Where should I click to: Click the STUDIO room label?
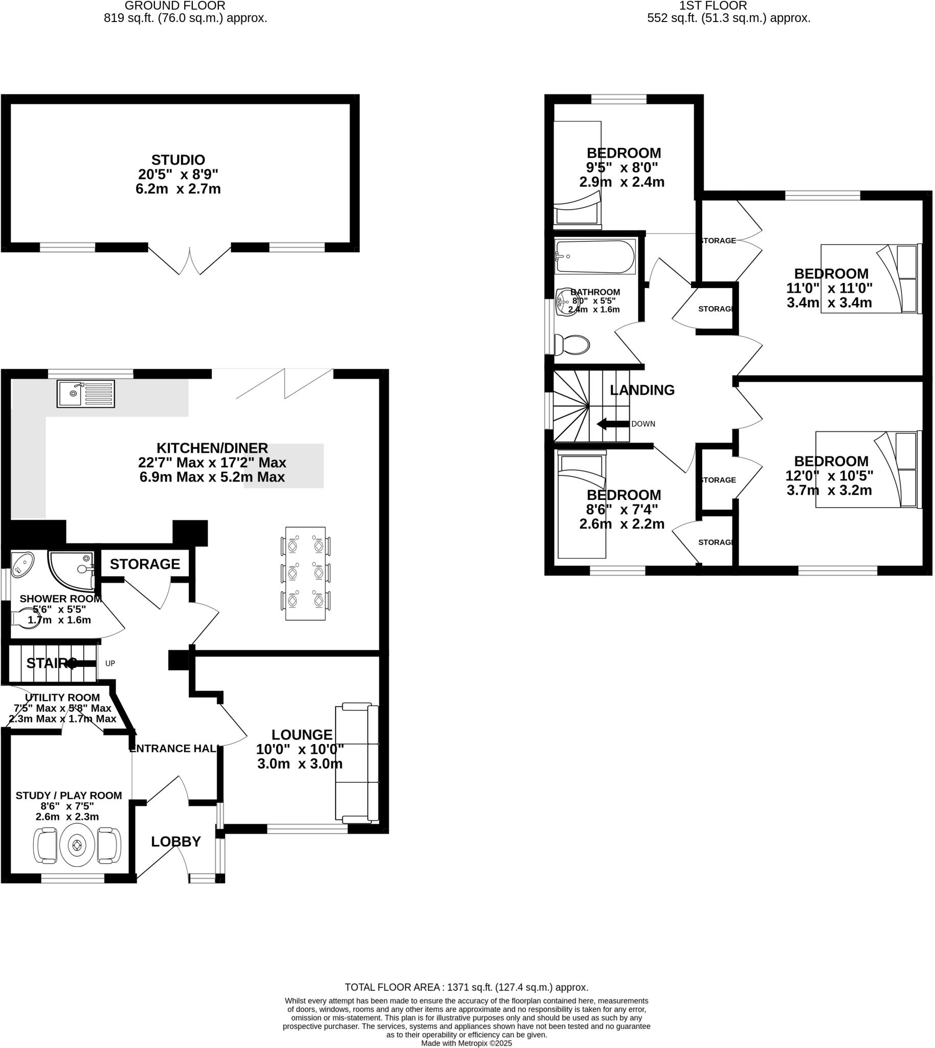[179, 160]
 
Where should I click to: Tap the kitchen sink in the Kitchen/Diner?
[86, 394]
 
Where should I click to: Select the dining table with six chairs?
[305, 573]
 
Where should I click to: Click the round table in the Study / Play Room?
[77, 845]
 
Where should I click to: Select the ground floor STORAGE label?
[145, 564]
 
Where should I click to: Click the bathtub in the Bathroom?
[595, 257]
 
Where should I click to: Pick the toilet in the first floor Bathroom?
[571, 344]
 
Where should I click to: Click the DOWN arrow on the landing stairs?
[613, 424]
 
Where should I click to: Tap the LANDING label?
[642, 390]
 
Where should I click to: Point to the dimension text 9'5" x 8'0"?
[621, 167]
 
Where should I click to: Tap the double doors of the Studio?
[190, 260]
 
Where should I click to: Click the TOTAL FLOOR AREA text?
[466, 987]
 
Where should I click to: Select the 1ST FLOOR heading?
[713, 6]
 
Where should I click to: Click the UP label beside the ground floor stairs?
[110, 663]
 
